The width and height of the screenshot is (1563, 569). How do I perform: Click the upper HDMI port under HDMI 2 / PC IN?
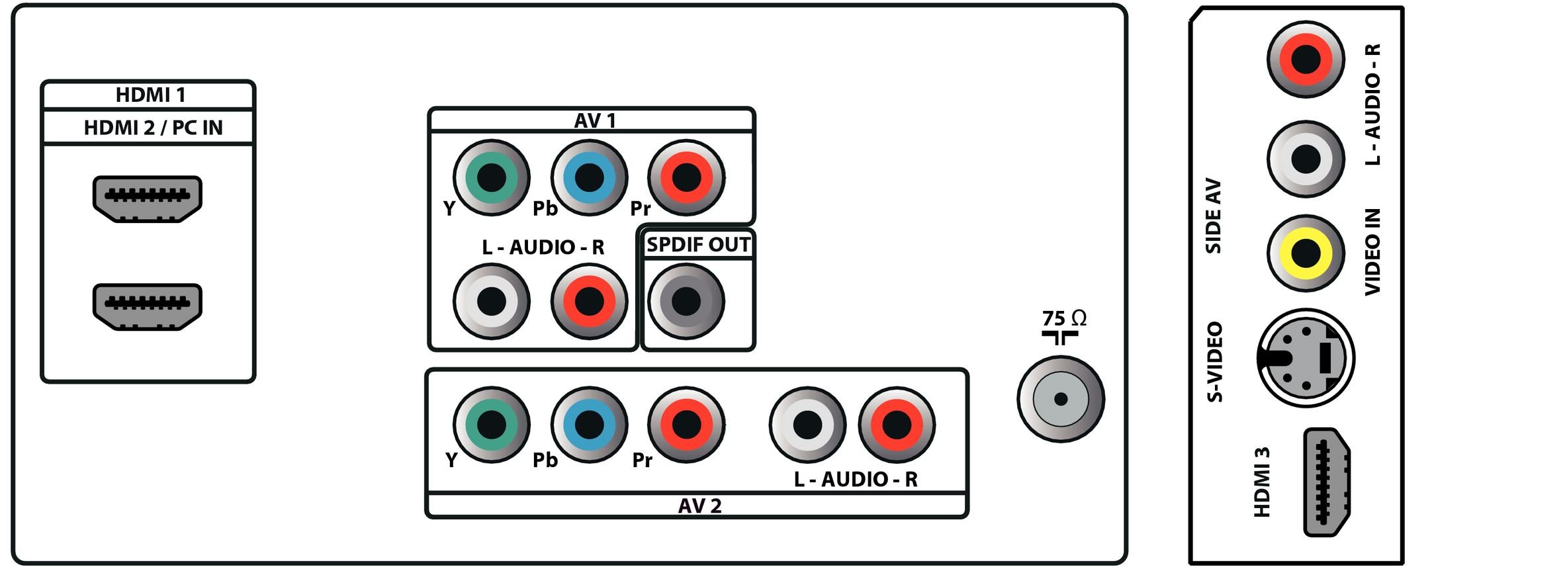(x=147, y=198)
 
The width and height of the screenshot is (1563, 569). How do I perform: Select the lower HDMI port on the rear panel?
(x=147, y=307)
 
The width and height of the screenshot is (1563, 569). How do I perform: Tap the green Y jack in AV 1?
(x=492, y=177)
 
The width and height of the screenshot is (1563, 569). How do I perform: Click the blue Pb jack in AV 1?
(x=589, y=177)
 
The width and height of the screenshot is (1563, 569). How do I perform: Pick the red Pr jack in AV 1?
(x=686, y=177)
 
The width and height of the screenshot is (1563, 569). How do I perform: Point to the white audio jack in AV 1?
(x=492, y=302)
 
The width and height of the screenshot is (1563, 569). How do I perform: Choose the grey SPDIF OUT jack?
(x=686, y=302)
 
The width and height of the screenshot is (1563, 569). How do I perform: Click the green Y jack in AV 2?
(x=492, y=425)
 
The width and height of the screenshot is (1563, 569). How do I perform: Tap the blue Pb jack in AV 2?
(x=589, y=425)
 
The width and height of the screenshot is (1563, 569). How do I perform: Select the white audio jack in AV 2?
(x=807, y=425)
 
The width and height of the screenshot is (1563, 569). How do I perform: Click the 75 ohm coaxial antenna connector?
(x=1061, y=399)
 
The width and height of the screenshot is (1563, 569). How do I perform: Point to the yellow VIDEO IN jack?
(x=1306, y=253)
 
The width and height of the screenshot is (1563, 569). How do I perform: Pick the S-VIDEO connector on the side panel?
(x=1306, y=359)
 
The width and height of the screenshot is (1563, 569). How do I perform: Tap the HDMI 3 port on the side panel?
(x=1327, y=482)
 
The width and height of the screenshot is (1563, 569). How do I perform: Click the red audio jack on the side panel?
(x=1306, y=60)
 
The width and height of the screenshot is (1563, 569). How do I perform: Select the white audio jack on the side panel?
(x=1306, y=159)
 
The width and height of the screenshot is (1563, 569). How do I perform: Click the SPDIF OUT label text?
(x=698, y=245)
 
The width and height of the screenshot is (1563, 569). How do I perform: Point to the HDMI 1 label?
(x=150, y=95)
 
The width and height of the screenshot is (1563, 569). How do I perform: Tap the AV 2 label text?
(x=699, y=506)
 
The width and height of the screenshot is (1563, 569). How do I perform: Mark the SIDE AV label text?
(x=1213, y=216)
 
